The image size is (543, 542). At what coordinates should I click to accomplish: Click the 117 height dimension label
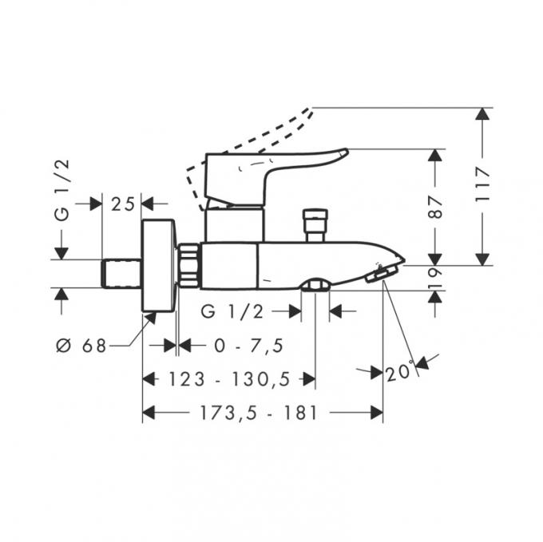click(482, 185)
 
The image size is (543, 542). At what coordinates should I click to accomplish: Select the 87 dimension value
click(435, 208)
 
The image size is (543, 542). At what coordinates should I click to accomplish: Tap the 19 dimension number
click(435, 278)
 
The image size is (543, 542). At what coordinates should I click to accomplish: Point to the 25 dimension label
click(123, 204)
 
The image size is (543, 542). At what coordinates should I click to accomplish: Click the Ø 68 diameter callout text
click(81, 346)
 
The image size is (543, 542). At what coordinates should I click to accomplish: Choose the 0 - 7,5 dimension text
click(248, 346)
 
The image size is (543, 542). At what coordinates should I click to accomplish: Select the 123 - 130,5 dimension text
click(229, 379)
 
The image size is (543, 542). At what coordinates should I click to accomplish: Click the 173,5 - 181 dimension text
click(259, 413)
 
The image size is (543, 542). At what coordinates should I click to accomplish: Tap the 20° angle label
click(399, 371)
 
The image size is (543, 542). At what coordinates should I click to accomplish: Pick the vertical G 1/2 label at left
click(62, 190)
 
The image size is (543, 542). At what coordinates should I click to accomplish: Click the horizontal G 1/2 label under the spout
click(232, 311)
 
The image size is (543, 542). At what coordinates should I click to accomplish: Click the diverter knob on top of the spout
click(315, 225)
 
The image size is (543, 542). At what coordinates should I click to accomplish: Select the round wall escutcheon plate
click(159, 266)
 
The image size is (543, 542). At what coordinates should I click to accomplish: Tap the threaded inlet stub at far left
click(121, 274)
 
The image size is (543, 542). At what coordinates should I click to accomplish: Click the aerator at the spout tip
click(380, 272)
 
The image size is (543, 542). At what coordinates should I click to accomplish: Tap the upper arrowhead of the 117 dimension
click(482, 114)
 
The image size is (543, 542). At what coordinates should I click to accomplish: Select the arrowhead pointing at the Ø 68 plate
click(152, 318)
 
